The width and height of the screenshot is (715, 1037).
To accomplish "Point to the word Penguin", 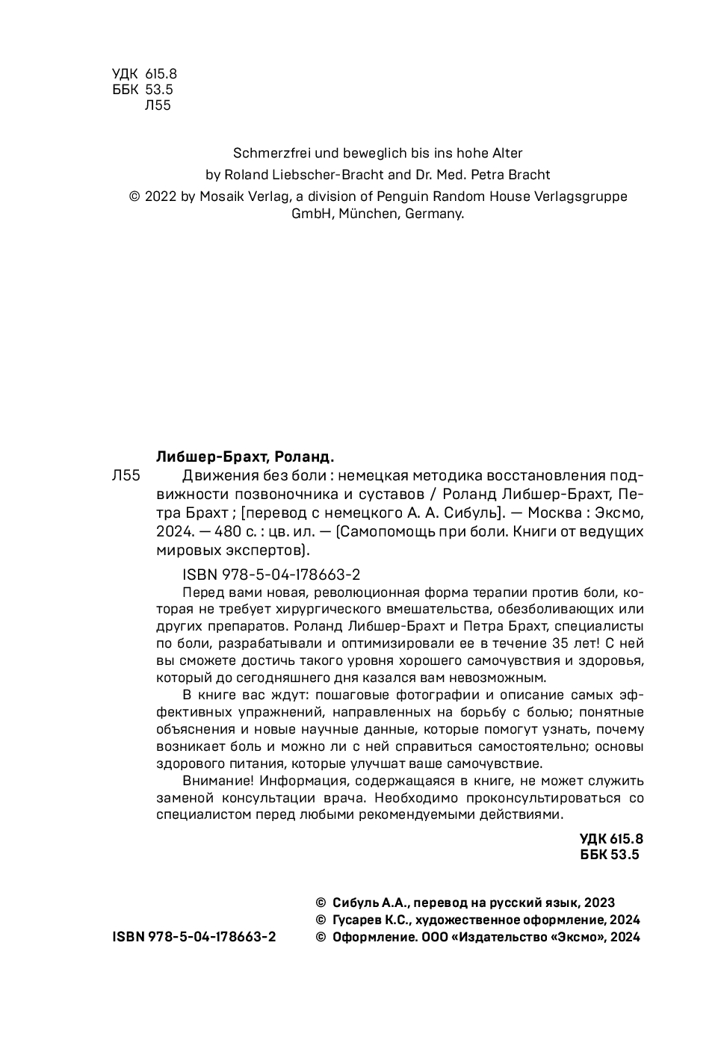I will (429, 196).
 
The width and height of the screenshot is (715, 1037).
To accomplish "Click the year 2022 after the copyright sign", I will (161, 196).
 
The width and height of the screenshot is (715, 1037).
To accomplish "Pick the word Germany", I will (436, 214).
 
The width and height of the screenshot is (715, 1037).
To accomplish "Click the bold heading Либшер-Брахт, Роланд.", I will (245, 456).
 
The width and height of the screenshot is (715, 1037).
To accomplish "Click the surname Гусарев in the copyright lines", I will (358, 920).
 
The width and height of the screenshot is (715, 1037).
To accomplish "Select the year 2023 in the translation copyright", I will (599, 903).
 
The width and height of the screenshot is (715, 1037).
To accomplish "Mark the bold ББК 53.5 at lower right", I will (610, 855).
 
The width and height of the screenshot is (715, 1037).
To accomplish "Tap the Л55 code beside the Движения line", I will (125, 476).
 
